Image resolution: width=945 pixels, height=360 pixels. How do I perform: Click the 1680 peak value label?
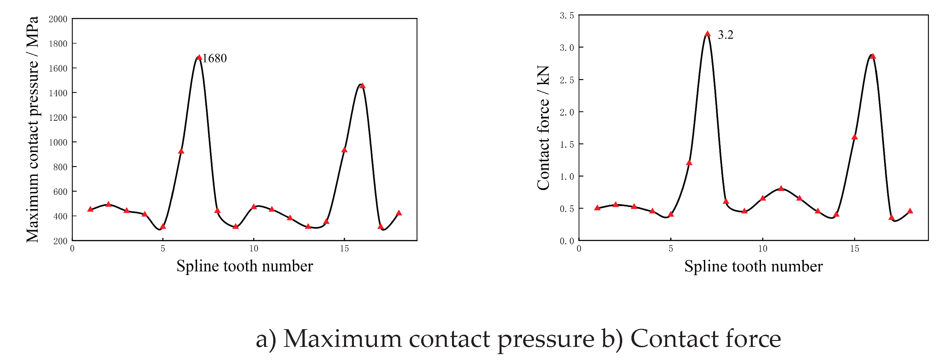[215, 58]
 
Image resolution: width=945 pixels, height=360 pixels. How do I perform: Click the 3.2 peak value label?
[725, 35]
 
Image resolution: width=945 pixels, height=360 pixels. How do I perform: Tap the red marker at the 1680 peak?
[199, 57]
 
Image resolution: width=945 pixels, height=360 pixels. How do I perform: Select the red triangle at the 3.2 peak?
[708, 34]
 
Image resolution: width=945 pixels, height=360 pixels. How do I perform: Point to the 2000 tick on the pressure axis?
[58, 19]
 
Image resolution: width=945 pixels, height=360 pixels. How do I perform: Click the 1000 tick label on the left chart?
[58, 142]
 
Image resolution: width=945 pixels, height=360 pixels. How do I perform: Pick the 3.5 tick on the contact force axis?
[566, 15]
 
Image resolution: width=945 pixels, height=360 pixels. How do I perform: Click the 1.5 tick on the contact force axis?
[566, 144]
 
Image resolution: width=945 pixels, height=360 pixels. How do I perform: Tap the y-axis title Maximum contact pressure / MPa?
[32, 129]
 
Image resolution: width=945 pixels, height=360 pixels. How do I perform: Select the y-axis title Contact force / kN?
[543, 128]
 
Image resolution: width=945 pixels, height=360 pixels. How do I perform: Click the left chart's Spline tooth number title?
[244, 266]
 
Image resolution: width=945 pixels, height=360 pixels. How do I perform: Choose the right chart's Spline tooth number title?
[753, 266]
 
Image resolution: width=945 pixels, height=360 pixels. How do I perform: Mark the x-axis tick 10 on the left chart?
[254, 249]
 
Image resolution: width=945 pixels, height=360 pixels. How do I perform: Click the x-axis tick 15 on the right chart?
[854, 249]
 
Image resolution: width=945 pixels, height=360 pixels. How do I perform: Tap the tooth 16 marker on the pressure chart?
[362, 86]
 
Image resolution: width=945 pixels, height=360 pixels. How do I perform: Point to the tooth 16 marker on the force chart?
[873, 56]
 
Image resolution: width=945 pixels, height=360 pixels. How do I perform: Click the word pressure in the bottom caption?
[545, 339]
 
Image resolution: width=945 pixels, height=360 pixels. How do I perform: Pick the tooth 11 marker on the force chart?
[781, 188]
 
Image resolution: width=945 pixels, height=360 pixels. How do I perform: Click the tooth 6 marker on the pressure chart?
[181, 151]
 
